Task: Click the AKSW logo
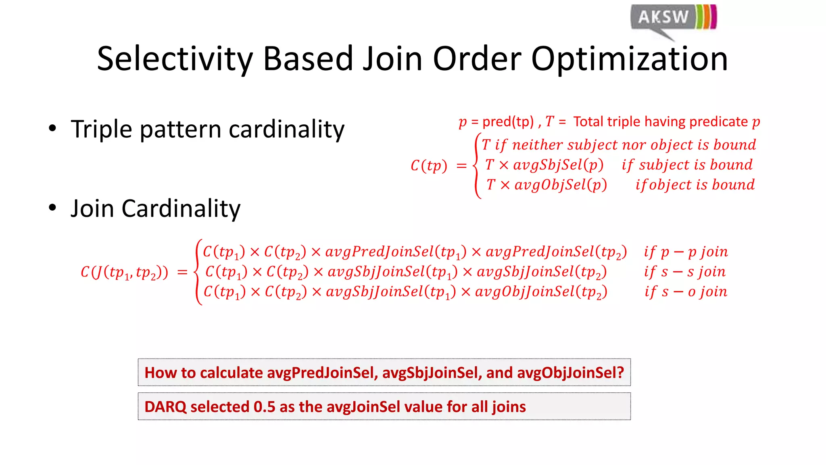pyautogui.click(x=673, y=18)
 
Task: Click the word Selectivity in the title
pyautogui.click(x=175, y=59)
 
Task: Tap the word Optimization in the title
pyautogui.click(x=630, y=59)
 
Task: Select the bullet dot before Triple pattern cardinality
pyautogui.click(x=52, y=129)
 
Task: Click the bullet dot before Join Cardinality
pyautogui.click(x=52, y=208)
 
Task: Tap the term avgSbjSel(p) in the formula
pyautogui.click(x=558, y=165)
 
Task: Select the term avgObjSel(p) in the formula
pyautogui.click(x=561, y=185)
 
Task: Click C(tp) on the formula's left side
pyautogui.click(x=429, y=165)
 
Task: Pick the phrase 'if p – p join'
pyautogui.click(x=686, y=252)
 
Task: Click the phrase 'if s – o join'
pyautogui.click(x=686, y=291)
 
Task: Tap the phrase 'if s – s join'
pyautogui.click(x=685, y=272)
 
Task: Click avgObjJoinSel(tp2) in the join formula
pyautogui.click(x=541, y=292)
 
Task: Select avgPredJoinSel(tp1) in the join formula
pyautogui.click(x=396, y=252)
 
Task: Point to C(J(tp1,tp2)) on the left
pyautogui.click(x=124, y=272)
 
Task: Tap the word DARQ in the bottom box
pyautogui.click(x=165, y=407)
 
